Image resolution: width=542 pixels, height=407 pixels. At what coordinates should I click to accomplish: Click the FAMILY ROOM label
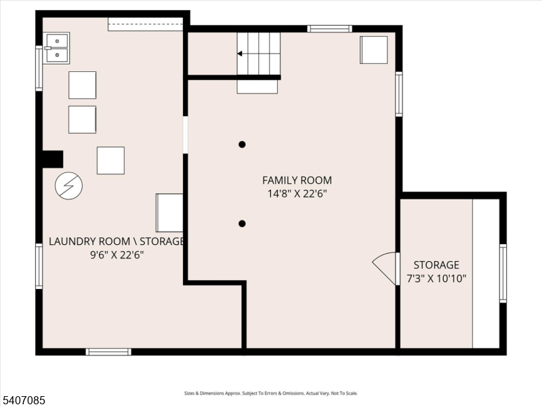pyautogui.click(x=297, y=180)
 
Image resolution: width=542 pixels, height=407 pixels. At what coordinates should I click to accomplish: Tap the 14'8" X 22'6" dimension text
pyautogui.click(x=297, y=193)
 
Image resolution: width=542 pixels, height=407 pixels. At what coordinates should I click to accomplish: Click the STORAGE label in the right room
pyautogui.click(x=436, y=265)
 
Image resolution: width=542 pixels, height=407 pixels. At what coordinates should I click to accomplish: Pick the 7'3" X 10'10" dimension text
pyautogui.click(x=436, y=278)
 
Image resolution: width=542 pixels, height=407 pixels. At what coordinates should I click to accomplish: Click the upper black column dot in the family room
pyautogui.click(x=242, y=144)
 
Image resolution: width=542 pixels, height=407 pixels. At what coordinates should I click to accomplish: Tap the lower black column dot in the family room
pyautogui.click(x=242, y=224)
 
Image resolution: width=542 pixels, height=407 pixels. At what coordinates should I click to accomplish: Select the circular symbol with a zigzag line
pyautogui.click(x=68, y=185)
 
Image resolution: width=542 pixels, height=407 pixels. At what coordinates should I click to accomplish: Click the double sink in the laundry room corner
pyautogui.click(x=56, y=47)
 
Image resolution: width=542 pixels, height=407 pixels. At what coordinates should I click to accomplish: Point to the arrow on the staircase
pyautogui.click(x=241, y=54)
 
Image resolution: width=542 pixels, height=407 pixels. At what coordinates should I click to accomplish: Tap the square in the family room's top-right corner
pyautogui.click(x=373, y=50)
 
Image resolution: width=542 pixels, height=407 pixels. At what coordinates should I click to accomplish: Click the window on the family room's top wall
pyautogui.click(x=329, y=29)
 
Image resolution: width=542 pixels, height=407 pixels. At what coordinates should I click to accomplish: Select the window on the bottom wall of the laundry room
pyautogui.click(x=108, y=351)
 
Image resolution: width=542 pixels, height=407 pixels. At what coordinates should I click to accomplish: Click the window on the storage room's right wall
pyautogui.click(x=503, y=273)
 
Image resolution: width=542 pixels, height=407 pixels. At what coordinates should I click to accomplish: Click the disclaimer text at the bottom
pyautogui.click(x=271, y=393)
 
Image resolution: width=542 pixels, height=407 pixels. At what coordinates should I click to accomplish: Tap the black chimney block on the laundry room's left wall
pyautogui.click(x=52, y=159)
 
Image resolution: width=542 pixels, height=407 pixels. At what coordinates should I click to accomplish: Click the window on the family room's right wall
pyautogui.click(x=399, y=94)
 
